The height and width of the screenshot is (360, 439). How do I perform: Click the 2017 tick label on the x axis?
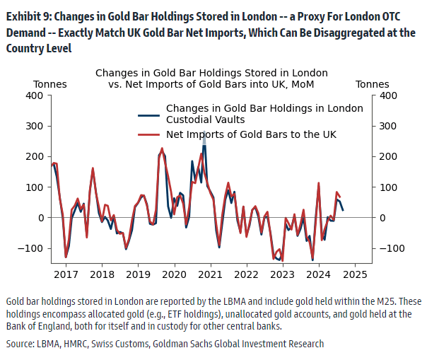[66, 274]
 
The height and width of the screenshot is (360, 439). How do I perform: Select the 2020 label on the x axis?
[174, 274]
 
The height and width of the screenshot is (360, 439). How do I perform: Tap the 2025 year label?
[355, 274]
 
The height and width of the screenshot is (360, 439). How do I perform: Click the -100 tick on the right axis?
[391, 248]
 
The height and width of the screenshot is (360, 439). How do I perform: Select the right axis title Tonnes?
[372, 84]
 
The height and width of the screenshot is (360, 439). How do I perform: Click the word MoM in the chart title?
[301, 84]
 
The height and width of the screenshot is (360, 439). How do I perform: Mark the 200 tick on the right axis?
[387, 156]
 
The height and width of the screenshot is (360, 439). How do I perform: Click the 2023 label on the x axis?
[282, 274]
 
